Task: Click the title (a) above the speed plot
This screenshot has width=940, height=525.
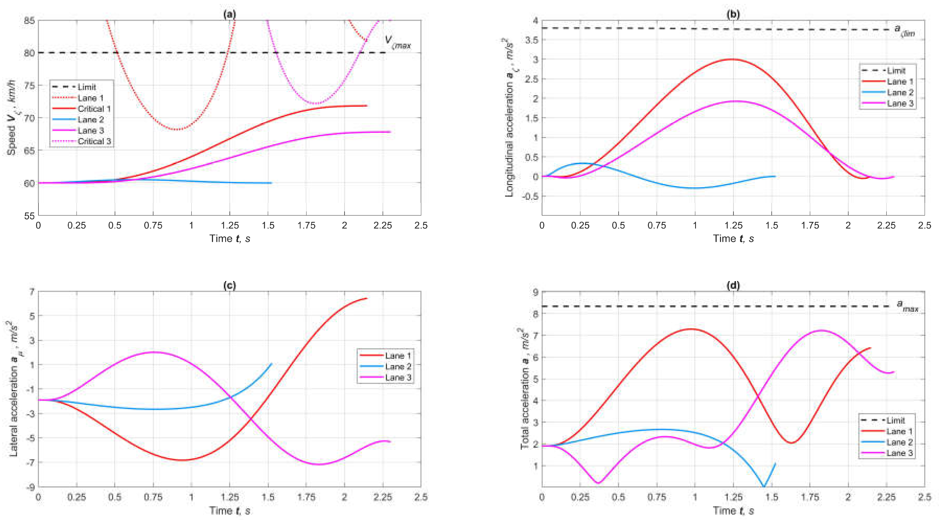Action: point(229,14)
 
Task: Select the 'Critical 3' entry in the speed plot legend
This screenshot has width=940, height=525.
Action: point(94,141)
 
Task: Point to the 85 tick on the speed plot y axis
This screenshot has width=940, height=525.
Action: point(30,21)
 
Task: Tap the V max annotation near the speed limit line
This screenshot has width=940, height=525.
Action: point(397,42)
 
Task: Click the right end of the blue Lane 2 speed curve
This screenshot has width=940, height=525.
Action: point(271,183)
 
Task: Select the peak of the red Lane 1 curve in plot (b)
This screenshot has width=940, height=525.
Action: point(732,59)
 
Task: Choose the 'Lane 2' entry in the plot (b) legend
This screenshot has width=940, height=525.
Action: point(900,92)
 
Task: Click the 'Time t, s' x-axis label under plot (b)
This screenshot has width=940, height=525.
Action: point(733,239)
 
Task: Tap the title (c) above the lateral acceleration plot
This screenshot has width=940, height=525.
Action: point(229,285)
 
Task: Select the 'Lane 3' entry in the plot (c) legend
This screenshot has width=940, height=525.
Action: point(398,378)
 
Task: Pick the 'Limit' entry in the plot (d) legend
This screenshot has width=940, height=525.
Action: point(896,420)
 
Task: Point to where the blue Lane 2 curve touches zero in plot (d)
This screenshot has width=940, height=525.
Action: point(764,486)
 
